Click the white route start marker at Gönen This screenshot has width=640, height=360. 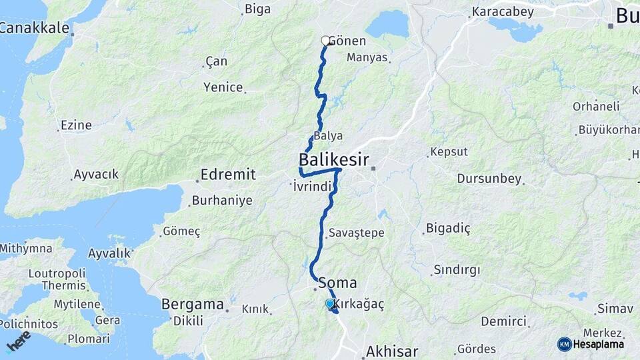325,41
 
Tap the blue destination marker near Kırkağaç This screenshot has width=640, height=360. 329,304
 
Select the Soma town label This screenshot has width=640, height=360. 338,282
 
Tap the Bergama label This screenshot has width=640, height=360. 192,304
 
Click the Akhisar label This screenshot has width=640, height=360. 392,351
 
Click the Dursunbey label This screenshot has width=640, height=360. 489,179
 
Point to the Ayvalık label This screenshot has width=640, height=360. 109,253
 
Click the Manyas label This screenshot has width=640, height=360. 367,57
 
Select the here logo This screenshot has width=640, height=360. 18,341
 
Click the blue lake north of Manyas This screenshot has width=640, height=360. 387,25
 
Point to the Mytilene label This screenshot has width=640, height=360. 77,304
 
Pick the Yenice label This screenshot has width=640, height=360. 223,87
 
